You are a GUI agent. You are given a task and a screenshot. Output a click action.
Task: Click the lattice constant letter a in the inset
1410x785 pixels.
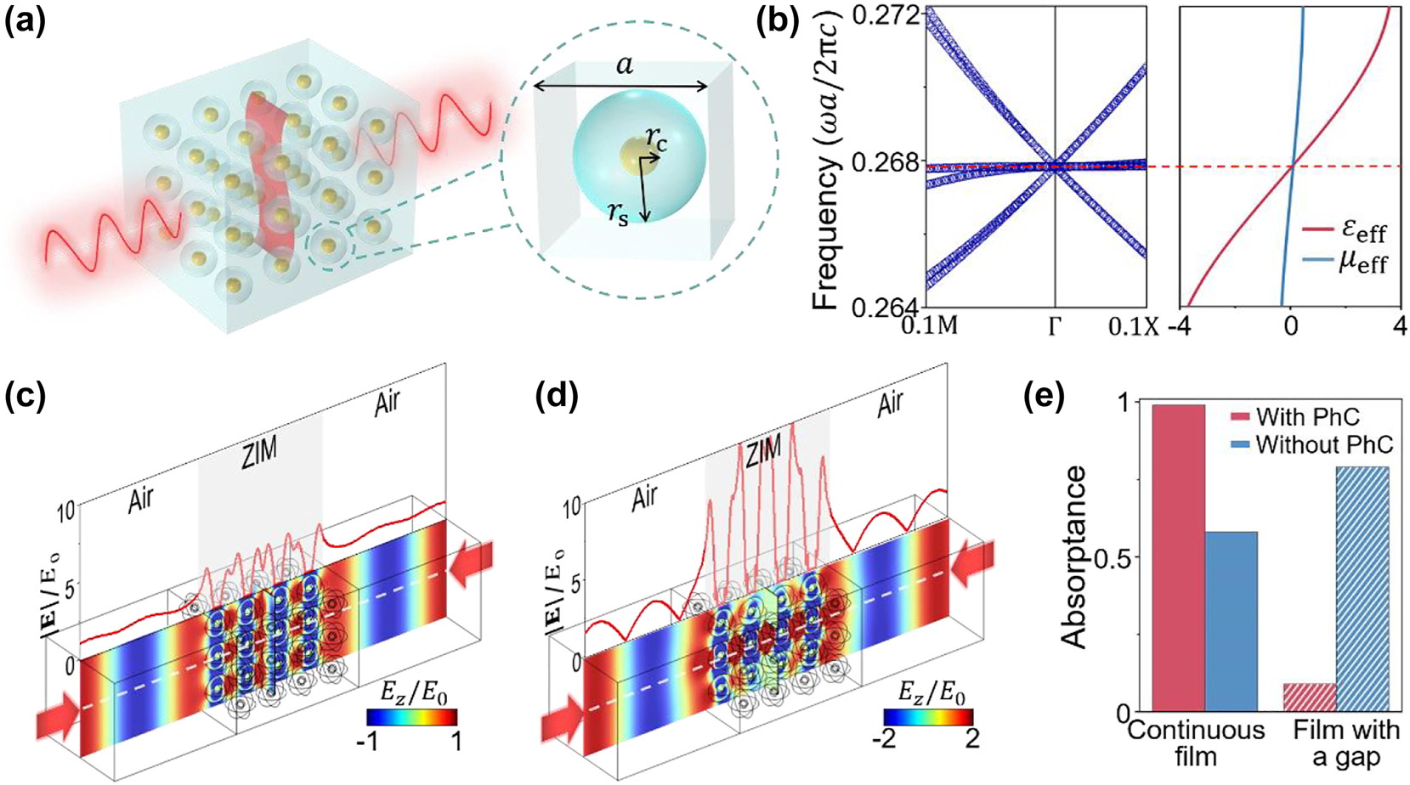coord(625,65)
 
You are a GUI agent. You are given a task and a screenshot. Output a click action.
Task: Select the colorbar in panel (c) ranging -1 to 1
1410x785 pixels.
coord(411,717)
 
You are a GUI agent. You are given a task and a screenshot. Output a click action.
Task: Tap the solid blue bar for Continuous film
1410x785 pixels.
coord(1231,621)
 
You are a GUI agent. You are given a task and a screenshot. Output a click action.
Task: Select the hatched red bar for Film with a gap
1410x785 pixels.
coord(1309,697)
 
